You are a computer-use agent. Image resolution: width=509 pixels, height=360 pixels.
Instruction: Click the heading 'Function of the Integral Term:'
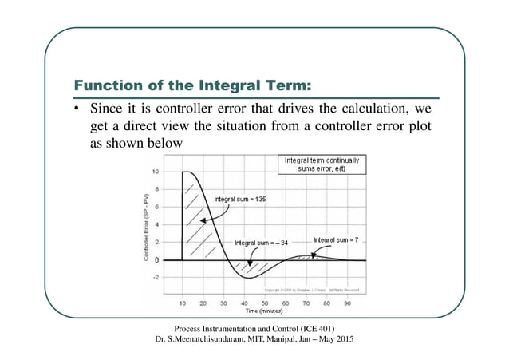(x=191, y=85)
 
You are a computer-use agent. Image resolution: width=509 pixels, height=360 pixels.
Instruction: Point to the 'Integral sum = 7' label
(x=337, y=239)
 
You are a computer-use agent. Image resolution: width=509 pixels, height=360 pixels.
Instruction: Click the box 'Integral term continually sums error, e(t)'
(x=322, y=164)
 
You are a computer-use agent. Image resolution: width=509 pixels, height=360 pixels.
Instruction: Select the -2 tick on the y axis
(x=155, y=278)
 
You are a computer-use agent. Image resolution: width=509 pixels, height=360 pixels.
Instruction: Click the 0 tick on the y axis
(x=156, y=260)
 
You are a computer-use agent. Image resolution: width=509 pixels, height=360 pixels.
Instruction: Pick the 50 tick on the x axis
(x=265, y=304)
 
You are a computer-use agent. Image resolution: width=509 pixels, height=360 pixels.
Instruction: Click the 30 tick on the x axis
(x=223, y=304)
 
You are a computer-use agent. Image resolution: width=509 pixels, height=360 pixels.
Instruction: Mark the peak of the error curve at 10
(x=186, y=172)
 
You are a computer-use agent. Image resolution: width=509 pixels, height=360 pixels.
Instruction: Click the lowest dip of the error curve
(x=249, y=277)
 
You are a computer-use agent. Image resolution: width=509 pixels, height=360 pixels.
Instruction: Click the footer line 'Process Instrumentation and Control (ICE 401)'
(x=254, y=329)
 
